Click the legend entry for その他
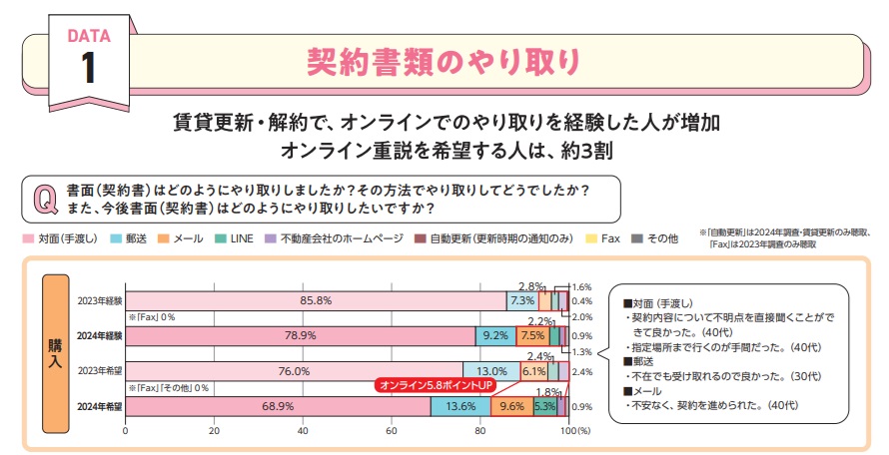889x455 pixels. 660,239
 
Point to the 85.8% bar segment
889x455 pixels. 316,300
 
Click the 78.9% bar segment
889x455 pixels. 300,336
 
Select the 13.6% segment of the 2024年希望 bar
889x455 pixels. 460,407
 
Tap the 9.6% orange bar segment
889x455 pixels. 511,407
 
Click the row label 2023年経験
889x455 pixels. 101,300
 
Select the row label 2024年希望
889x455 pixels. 101,407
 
